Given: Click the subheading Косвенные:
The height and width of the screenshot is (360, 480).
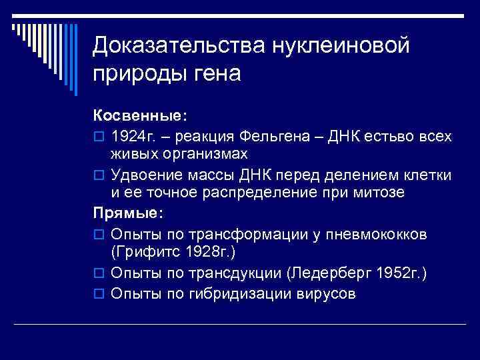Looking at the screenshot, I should pos(137,116).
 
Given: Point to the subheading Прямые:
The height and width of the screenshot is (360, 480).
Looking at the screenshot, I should pos(128,214).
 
